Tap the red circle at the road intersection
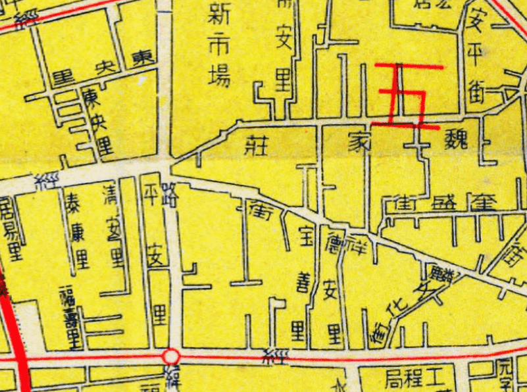tap(171, 356)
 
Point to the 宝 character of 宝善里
tap(305, 235)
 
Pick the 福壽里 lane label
tap(70, 317)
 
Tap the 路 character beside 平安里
tap(169, 197)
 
